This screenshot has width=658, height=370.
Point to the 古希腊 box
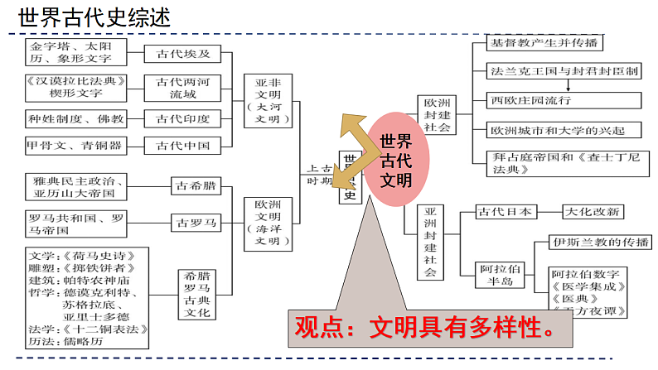[195, 186]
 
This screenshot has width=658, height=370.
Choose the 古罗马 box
[195, 222]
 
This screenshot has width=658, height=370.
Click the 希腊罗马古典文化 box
[199, 294]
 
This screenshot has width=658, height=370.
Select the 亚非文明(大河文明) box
[268, 101]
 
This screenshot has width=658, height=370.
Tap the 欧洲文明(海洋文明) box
[268, 223]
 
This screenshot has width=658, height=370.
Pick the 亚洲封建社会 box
[429, 242]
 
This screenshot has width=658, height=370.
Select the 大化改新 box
[591, 212]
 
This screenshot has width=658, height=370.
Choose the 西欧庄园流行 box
[563, 100]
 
